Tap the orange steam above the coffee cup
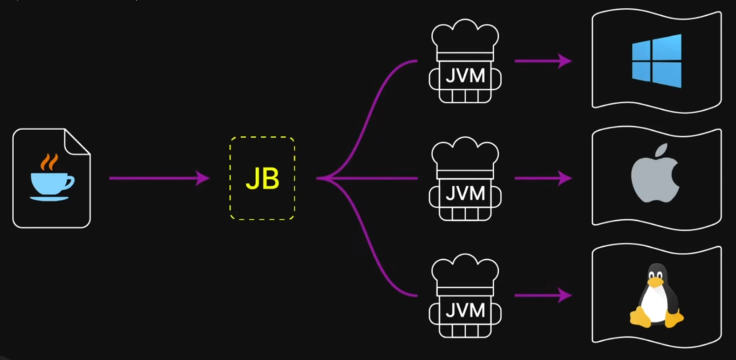pyautogui.click(x=49, y=162)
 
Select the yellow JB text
pyautogui.click(x=262, y=179)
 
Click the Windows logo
pyautogui.click(x=656, y=61)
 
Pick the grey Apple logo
pyautogui.click(x=655, y=173)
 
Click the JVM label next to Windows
pyautogui.click(x=465, y=76)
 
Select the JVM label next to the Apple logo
pyautogui.click(x=465, y=193)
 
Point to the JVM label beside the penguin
pyautogui.click(x=465, y=310)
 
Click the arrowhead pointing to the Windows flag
pyautogui.click(x=565, y=61)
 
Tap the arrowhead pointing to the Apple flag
pyautogui.click(x=565, y=178)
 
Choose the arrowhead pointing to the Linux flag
pyautogui.click(x=565, y=295)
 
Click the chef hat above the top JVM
pyautogui.click(x=465, y=39)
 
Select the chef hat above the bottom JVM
pyautogui.click(x=465, y=274)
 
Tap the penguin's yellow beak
pyautogui.click(x=656, y=282)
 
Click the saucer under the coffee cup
pyautogui.click(x=49, y=198)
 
